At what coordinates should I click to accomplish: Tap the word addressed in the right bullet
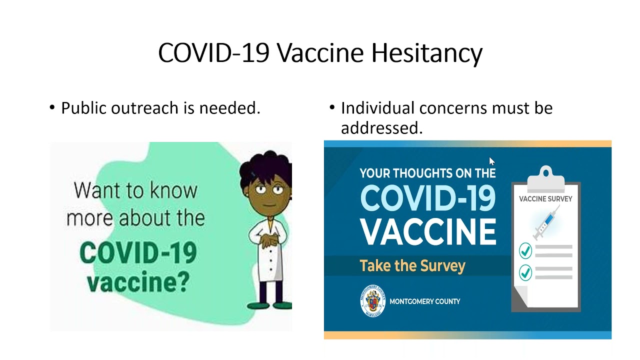[381, 128]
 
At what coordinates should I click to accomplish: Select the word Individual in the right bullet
[377, 108]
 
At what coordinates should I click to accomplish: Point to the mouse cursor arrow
[491, 161]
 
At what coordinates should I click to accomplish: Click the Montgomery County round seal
[372, 301]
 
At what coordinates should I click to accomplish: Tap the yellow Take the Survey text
[412, 265]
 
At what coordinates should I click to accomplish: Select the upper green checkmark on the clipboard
[525, 250]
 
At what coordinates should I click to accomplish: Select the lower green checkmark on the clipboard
[525, 272]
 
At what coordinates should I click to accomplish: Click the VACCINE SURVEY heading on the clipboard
[545, 199]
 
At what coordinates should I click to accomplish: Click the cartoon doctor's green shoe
[259, 305]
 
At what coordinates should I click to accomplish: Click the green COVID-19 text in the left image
[137, 253]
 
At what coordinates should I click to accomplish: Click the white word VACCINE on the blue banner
[427, 231]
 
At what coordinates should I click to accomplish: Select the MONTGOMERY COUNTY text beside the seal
[424, 301]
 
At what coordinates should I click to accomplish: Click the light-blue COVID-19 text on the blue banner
[427, 198]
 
